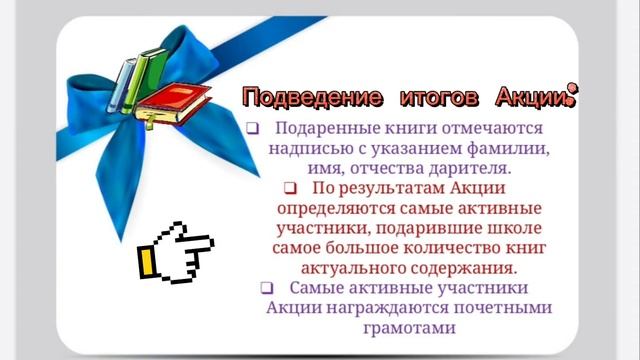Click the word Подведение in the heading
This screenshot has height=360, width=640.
pyautogui.click(x=313, y=98)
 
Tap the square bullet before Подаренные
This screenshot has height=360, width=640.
pyautogui.click(x=253, y=130)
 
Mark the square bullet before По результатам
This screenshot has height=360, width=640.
pyautogui.click(x=291, y=188)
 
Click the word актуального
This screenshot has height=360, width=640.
pyautogui.click(x=348, y=268)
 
